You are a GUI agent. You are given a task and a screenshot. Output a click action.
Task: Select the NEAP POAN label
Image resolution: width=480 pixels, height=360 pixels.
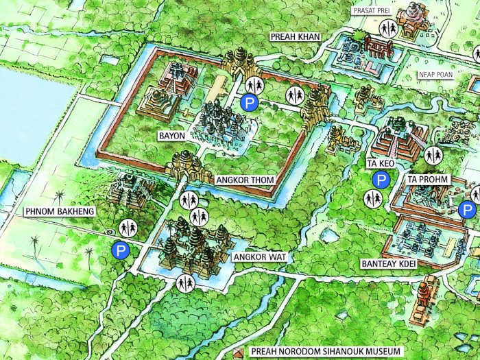click(x=436, y=75)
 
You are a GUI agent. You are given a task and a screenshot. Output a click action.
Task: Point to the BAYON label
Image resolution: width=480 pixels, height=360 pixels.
click(x=171, y=136)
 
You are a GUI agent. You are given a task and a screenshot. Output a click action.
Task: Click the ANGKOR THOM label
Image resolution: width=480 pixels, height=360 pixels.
click(x=245, y=180)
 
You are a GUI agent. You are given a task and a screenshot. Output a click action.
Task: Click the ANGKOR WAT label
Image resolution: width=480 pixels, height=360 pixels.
click(x=258, y=257)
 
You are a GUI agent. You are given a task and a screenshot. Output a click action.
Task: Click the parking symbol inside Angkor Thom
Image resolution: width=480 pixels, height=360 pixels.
click(x=250, y=104)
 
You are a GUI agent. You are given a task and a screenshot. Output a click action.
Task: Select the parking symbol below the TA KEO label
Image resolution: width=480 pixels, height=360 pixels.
click(x=380, y=180)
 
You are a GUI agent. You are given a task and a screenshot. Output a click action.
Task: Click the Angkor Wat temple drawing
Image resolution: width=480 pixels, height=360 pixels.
click(x=192, y=247)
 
